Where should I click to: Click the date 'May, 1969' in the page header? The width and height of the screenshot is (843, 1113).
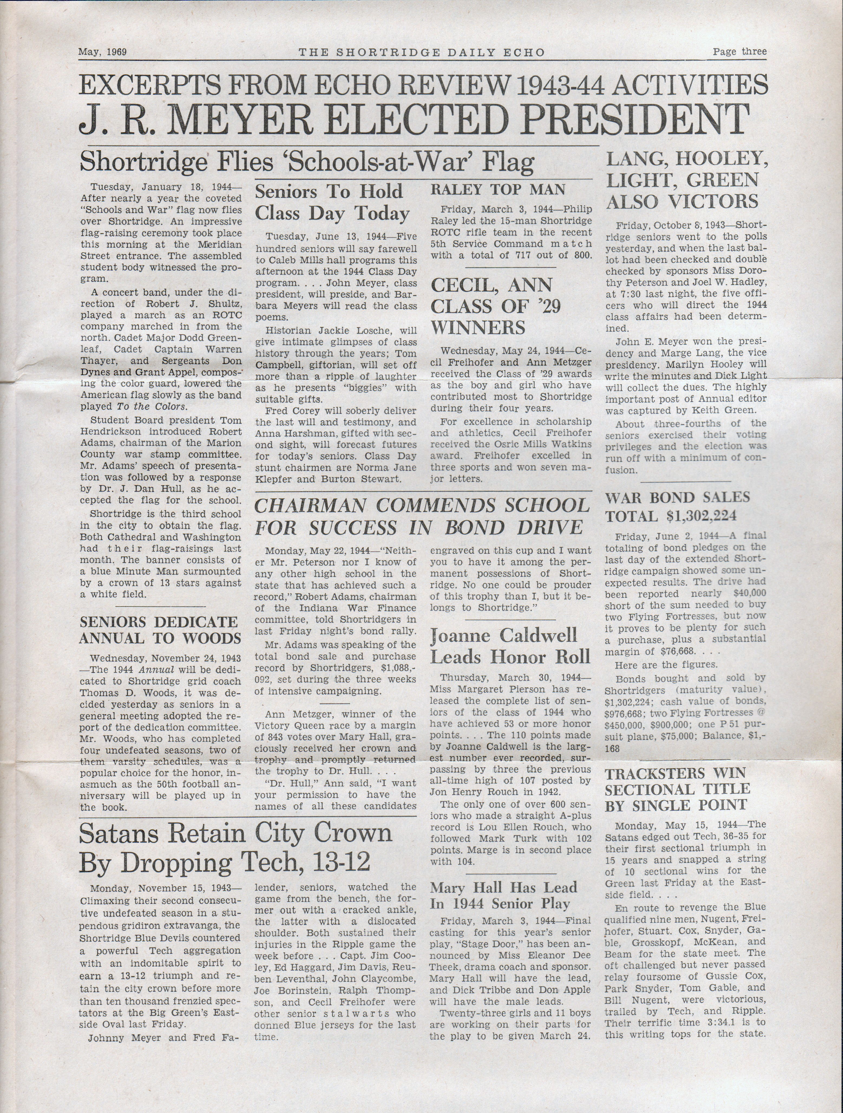click(x=102, y=52)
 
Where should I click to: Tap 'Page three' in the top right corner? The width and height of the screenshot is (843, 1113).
click(x=739, y=51)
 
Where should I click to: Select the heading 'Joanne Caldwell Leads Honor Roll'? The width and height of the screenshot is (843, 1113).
click(x=510, y=646)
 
